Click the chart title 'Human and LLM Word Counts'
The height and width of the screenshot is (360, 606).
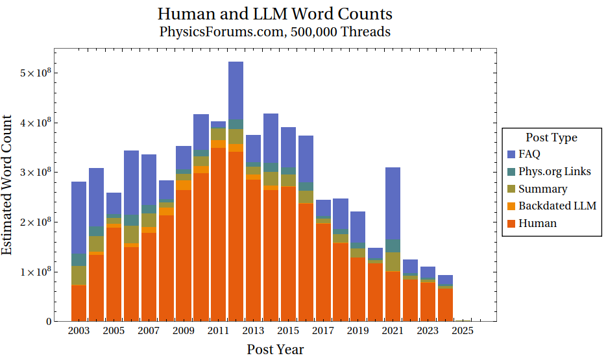point(275,14)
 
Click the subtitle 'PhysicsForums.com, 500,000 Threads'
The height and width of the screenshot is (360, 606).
point(275,31)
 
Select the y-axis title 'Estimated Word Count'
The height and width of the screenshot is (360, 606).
point(8,184)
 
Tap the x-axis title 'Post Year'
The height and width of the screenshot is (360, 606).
point(275,350)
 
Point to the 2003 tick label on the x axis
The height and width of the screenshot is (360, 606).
point(79,331)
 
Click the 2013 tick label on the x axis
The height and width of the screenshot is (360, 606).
point(253,331)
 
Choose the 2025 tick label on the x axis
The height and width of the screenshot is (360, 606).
point(463,331)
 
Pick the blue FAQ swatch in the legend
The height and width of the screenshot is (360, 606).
point(511,154)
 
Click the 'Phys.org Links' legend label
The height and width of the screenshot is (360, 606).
point(555,171)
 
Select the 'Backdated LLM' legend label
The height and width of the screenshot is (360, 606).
point(557,206)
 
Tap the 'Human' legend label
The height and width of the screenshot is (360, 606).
point(537,223)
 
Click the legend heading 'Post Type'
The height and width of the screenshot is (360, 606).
point(551,138)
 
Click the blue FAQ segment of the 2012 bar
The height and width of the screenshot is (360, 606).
point(236,91)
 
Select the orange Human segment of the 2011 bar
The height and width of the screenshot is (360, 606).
point(218,234)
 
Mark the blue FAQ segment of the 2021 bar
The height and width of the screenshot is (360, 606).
point(393,204)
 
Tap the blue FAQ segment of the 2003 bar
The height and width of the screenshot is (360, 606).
point(79,217)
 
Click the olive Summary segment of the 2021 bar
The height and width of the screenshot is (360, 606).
point(393,261)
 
